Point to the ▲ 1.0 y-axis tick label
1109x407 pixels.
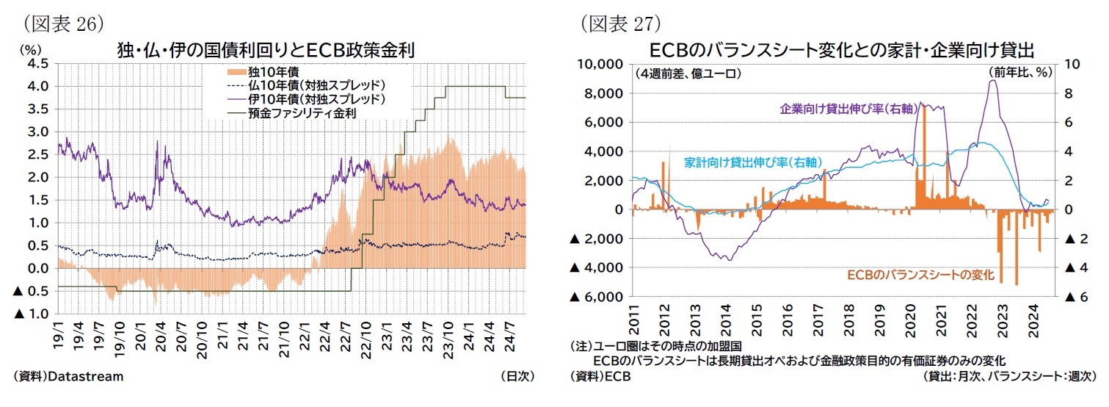[x=32, y=314]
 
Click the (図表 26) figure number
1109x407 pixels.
[x=59, y=23]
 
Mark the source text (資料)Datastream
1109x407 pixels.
[x=68, y=376]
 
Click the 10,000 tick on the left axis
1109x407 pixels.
[x=600, y=64]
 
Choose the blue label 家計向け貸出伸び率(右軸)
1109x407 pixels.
[x=752, y=162]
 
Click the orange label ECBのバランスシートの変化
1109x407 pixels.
[x=920, y=275]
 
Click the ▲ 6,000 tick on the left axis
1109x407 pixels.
[x=595, y=297]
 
